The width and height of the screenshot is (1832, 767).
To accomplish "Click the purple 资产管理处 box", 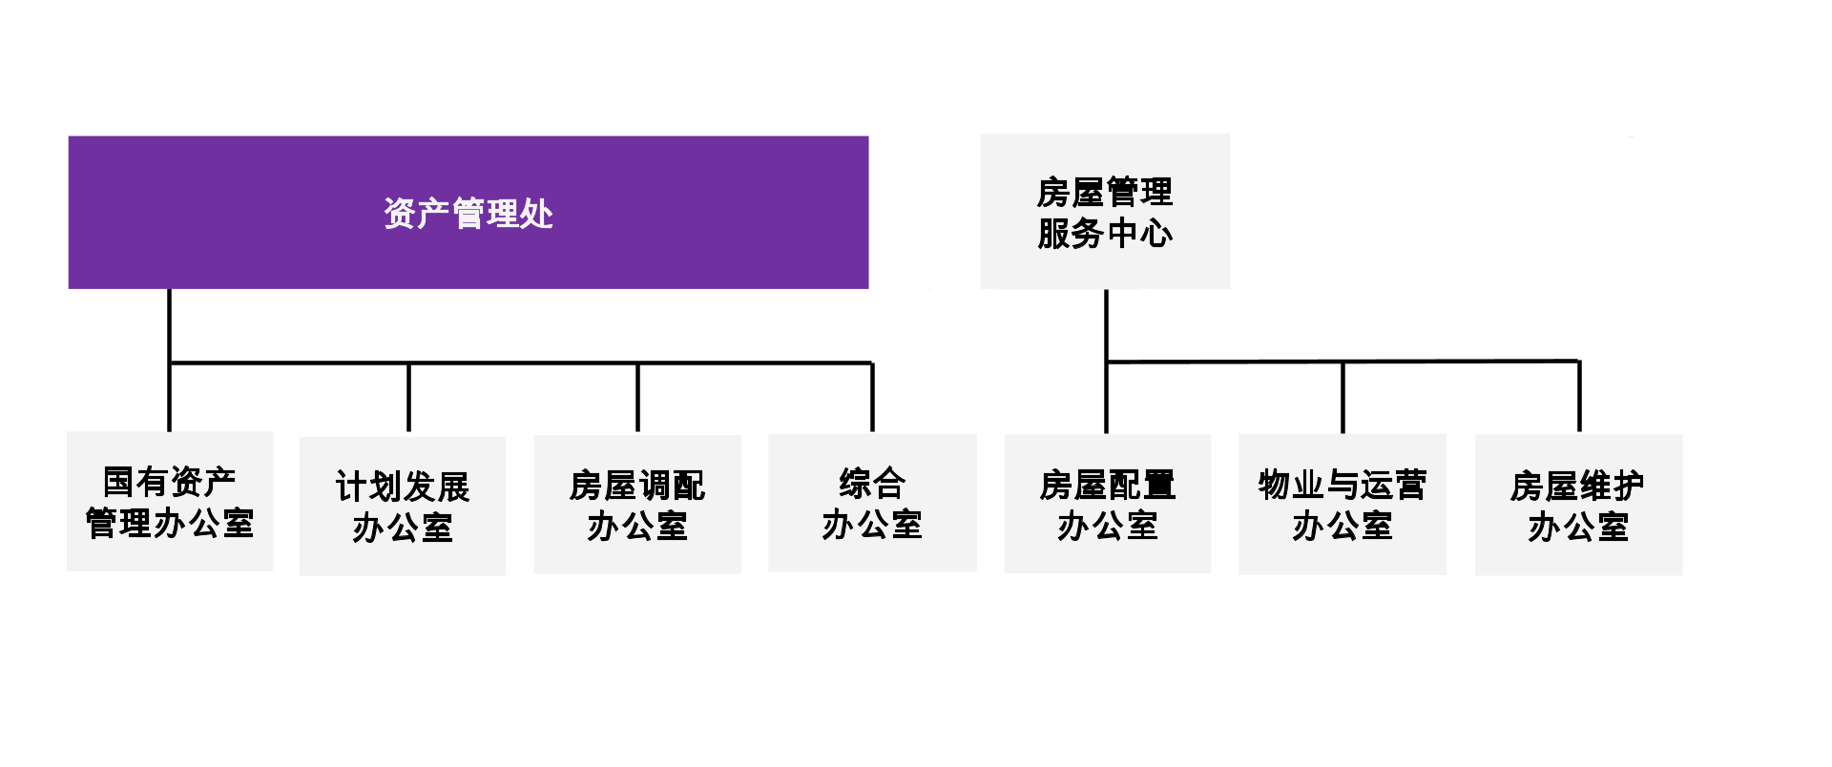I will click(x=468, y=212).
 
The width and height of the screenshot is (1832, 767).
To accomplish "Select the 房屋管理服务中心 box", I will click(x=1105, y=212).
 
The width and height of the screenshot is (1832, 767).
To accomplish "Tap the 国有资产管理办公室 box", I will click(x=170, y=504).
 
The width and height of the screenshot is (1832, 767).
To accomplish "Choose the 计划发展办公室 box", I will click(x=403, y=506).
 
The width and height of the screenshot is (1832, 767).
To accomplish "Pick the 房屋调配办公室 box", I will click(x=637, y=506).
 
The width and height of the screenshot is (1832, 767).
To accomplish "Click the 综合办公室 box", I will click(x=872, y=504).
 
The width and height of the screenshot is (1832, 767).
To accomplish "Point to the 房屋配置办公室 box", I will click(x=1107, y=506).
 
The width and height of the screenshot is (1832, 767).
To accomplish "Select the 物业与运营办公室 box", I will click(x=1342, y=506).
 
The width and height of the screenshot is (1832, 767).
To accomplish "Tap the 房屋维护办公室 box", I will click(x=1577, y=506).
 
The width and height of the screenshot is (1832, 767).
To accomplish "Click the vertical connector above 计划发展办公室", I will click(x=408, y=397).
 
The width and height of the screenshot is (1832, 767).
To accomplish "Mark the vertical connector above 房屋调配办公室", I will click(x=637, y=397).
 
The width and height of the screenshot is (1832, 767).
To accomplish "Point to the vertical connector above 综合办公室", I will click(x=872, y=397).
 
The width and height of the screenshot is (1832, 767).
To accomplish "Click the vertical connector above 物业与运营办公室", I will click(x=1343, y=397).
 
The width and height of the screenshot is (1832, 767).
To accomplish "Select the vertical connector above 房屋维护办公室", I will click(x=1579, y=397).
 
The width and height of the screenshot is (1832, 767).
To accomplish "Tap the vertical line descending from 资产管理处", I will click(x=169, y=324).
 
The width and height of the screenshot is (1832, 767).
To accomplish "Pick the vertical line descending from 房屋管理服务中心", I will click(x=1106, y=324).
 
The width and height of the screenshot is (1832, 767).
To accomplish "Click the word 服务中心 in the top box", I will click(x=1105, y=234).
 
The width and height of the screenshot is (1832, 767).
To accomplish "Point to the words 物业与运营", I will click(x=1342, y=486).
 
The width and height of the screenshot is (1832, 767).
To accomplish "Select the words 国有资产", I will click(x=170, y=483).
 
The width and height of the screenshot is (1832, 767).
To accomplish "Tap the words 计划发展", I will click(x=403, y=487).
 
